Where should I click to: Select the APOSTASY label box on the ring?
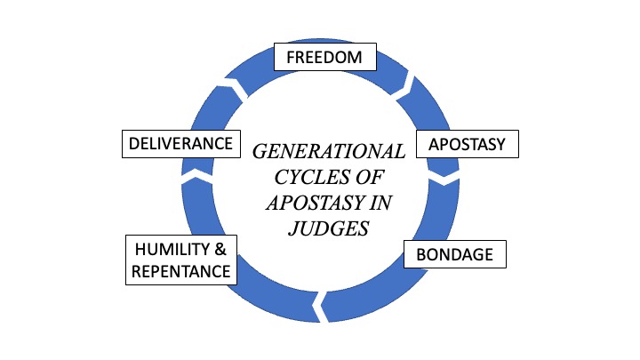tap(467, 144)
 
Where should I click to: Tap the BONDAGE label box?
tap(454, 254)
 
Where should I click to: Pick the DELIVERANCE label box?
tap(180, 143)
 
